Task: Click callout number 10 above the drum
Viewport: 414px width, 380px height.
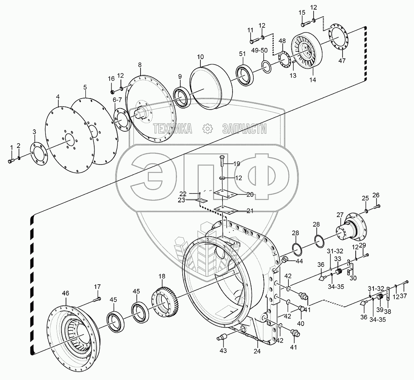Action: coord(200,57)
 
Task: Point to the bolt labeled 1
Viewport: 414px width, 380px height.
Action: coord(10,159)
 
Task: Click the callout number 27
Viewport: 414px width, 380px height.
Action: coord(339,215)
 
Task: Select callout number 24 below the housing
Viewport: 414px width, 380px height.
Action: coord(257,351)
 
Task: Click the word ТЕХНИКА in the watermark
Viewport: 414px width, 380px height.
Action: coord(173,129)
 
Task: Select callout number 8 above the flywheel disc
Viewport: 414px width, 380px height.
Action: coord(139,65)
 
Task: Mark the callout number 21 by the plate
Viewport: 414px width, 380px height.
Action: coord(250,211)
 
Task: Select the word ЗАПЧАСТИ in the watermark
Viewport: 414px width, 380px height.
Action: coord(244,129)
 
